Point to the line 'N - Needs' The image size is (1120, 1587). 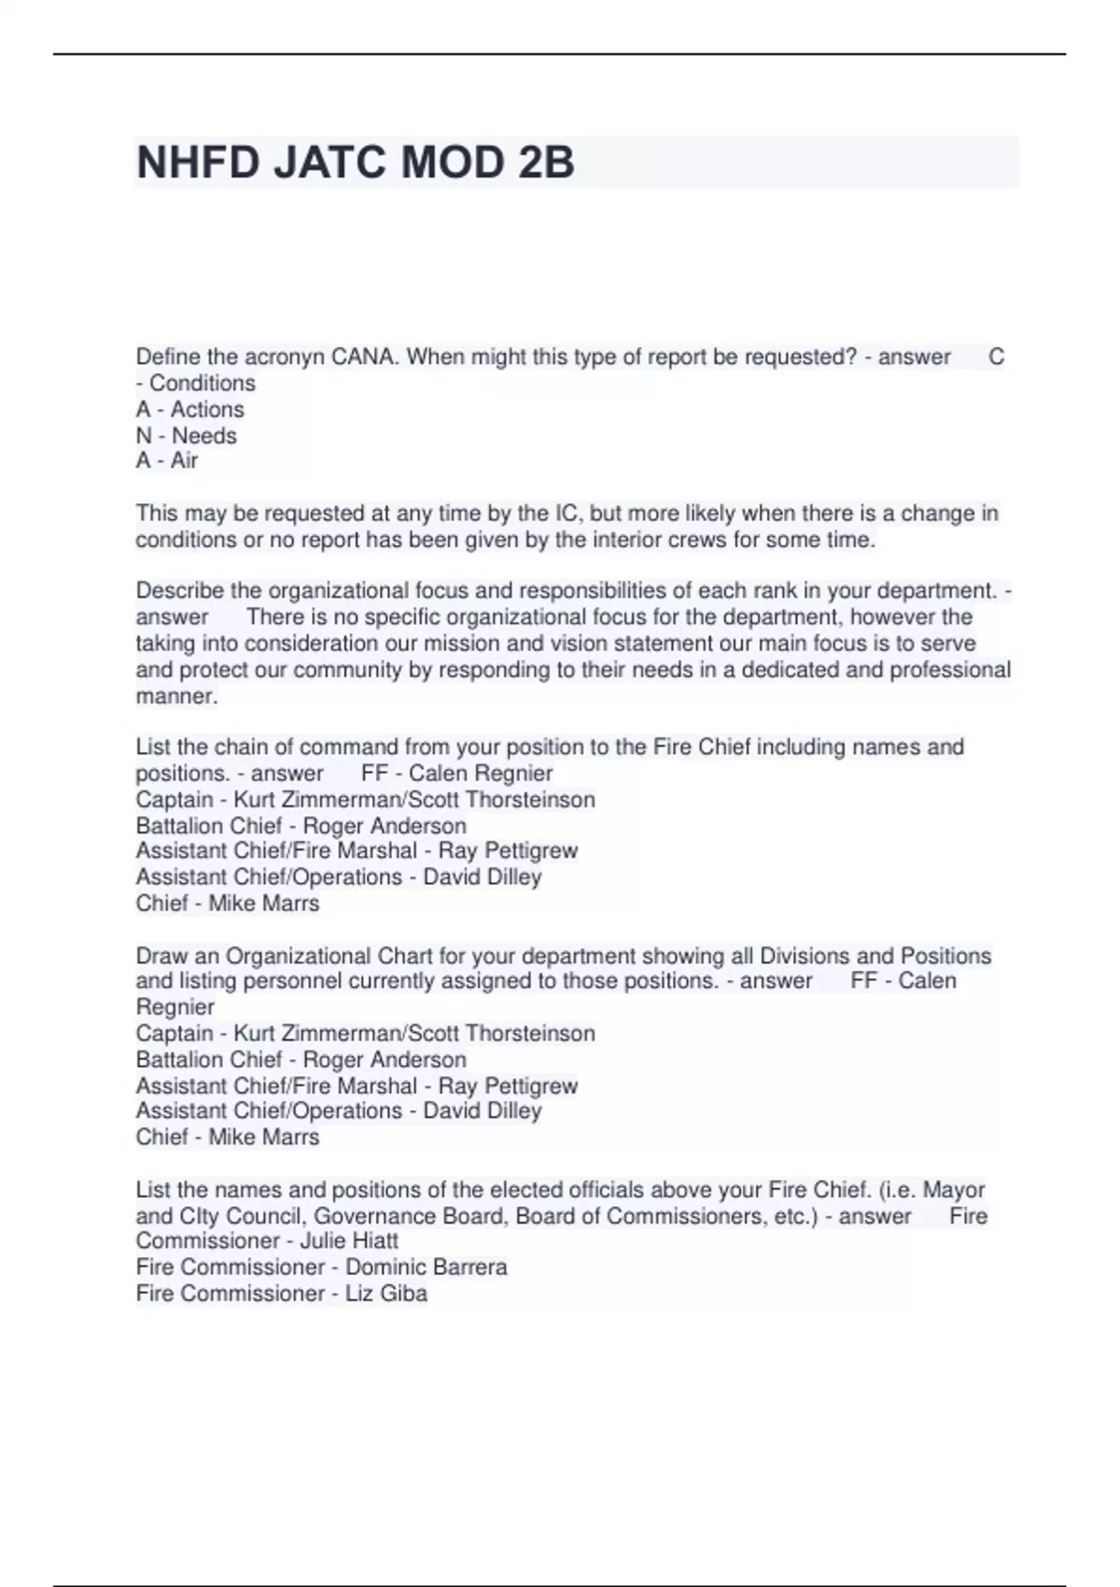[186, 435]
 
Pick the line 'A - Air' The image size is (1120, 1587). [166, 460]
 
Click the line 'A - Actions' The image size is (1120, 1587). [189, 409]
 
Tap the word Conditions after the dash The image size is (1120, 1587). [203, 383]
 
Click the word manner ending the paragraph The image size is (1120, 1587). [175, 695]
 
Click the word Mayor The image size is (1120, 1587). [953, 1189]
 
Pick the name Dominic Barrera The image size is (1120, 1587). [426, 1267]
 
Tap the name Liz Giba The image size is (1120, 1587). [385, 1293]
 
